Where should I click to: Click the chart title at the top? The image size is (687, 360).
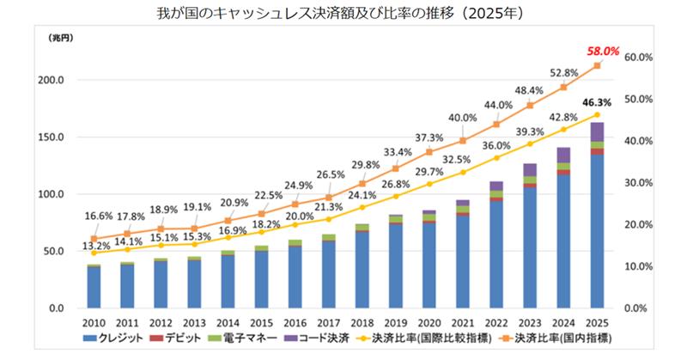[343, 15]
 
